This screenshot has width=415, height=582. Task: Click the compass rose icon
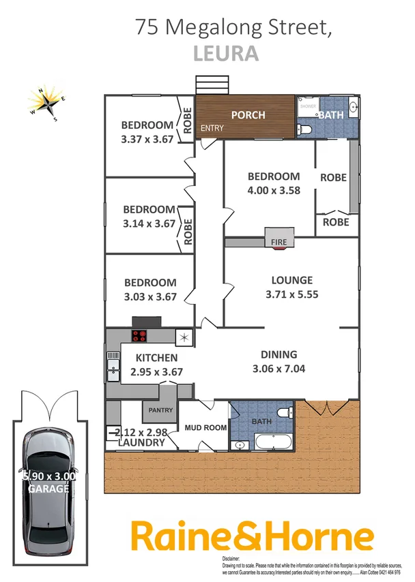coord(47,103)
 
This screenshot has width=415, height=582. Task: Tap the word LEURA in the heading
coord(226,54)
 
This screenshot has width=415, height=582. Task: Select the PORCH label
coord(248,114)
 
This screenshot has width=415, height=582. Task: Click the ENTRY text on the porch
coord(212,128)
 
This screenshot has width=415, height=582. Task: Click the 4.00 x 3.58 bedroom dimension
coord(273,190)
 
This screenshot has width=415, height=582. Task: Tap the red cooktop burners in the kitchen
coord(139,335)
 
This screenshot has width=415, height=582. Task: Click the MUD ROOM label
coord(205,428)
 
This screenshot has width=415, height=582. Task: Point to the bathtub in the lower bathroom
coord(272,443)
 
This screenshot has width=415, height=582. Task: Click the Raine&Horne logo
coord(252,536)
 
